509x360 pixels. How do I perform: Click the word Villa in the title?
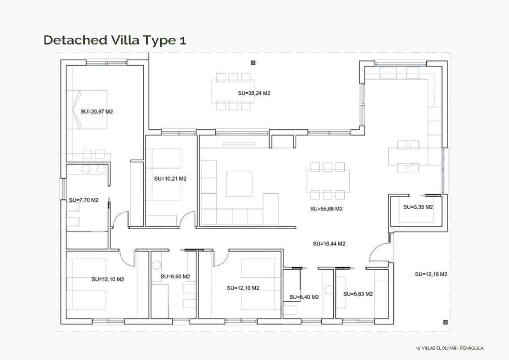point(129,40)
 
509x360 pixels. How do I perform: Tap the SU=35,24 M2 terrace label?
point(254,93)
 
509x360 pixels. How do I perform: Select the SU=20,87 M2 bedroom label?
point(97,112)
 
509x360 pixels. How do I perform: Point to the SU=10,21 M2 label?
point(170,179)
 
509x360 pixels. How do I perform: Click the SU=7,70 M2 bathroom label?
point(84,200)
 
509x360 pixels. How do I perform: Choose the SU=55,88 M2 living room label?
point(326,208)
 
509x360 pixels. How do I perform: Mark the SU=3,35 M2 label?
point(418,207)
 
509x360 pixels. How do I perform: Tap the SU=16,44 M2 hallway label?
point(329,244)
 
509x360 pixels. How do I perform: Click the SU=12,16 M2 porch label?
point(431,274)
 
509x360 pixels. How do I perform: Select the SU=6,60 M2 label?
point(175,276)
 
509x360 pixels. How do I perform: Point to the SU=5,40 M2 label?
point(304,297)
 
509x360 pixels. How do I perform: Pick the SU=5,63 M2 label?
point(358,294)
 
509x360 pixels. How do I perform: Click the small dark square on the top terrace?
point(253,62)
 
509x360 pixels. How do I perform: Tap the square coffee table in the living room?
point(239,183)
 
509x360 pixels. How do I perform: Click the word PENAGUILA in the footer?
point(472,348)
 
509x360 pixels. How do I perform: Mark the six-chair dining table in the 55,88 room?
point(328,181)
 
